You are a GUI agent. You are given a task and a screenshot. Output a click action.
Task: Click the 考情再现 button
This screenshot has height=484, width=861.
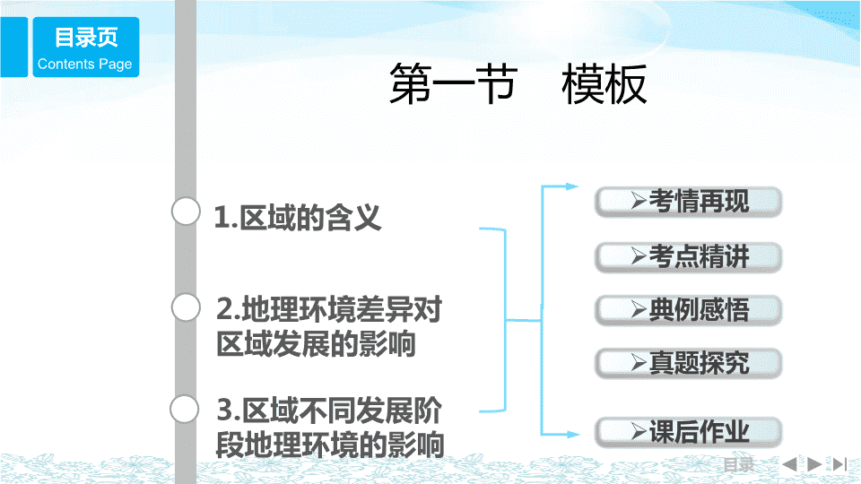[688, 202]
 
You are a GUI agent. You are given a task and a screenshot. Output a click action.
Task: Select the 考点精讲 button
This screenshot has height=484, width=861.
[688, 257]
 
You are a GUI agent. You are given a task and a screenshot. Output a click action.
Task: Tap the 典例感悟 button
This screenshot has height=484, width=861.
[688, 310]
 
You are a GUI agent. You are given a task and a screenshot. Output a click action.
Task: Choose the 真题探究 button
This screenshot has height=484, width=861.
[688, 363]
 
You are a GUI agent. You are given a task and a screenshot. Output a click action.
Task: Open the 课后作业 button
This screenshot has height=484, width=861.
[688, 432]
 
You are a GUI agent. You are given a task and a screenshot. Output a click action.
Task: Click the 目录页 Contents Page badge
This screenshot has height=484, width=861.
[86, 48]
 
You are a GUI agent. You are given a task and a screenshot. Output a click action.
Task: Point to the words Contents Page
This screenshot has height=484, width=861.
[84, 65]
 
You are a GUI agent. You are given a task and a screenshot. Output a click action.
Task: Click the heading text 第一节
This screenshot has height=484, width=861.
[453, 84]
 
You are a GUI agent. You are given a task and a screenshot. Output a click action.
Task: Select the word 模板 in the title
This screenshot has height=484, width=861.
[604, 84]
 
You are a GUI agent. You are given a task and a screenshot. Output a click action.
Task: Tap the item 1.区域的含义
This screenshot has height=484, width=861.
[297, 217]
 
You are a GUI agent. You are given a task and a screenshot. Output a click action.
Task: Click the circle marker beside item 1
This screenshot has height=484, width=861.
[186, 212]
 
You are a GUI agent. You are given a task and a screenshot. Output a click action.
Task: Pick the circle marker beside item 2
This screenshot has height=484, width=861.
[186, 307]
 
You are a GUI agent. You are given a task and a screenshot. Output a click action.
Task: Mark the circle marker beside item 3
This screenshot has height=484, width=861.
[185, 410]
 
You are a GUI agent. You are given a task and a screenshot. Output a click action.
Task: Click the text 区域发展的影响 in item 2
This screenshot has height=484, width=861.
[316, 344]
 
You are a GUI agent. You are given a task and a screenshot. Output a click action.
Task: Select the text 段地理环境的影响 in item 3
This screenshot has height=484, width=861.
[330, 445]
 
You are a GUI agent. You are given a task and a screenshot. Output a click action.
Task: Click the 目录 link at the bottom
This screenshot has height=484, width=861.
[738, 465]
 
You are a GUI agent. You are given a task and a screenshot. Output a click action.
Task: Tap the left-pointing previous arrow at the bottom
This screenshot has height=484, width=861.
[789, 464]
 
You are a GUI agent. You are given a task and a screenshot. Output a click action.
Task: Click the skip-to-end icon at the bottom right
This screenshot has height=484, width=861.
[839, 464]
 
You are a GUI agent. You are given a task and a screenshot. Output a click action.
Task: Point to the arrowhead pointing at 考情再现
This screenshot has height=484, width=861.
[572, 186]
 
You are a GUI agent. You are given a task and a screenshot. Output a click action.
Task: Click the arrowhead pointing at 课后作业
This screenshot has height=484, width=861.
[573, 435]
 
